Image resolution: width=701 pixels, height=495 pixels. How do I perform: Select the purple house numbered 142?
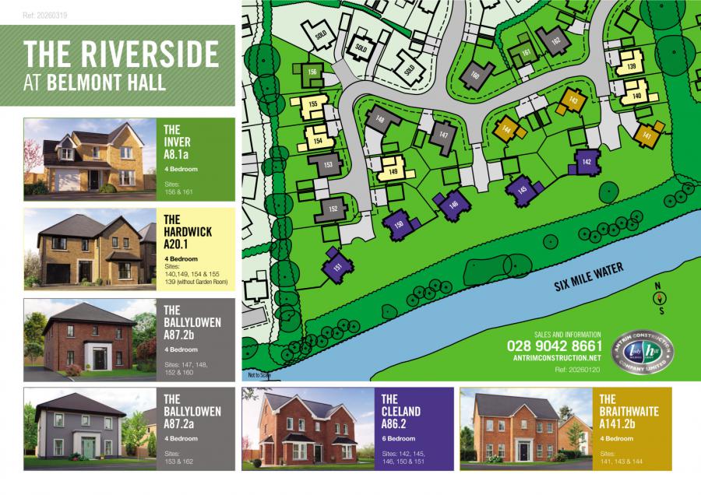587,162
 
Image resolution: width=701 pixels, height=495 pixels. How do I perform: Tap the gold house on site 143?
572,100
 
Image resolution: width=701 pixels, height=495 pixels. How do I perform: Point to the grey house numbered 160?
474,75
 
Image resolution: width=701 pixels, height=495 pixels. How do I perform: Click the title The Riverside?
122,54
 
